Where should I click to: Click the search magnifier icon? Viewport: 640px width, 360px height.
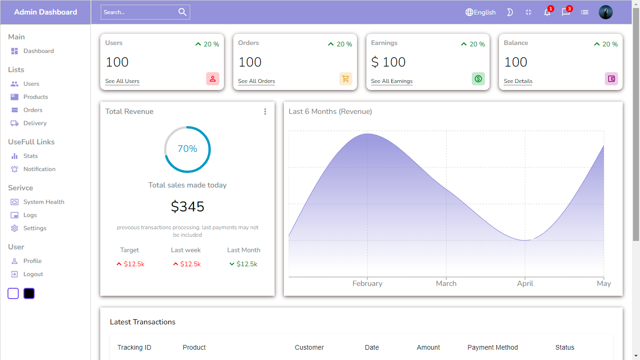pyautogui.click(x=182, y=12)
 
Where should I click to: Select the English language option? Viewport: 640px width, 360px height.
pyautogui.click(x=480, y=13)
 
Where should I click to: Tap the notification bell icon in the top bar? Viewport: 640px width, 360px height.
pyautogui.click(x=547, y=13)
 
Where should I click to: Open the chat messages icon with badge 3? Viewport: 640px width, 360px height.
pyautogui.click(x=566, y=13)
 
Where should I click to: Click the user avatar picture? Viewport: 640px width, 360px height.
pyautogui.click(x=606, y=13)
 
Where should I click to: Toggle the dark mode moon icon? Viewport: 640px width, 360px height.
pyautogui.click(x=510, y=13)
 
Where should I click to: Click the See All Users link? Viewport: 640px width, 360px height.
pyautogui.click(x=122, y=81)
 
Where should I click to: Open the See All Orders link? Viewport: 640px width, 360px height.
pyautogui.click(x=256, y=81)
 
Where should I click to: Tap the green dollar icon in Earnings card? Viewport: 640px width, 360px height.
pyautogui.click(x=478, y=79)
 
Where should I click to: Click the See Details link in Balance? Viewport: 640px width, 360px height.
pyautogui.click(x=518, y=81)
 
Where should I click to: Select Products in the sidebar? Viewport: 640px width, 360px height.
pyautogui.click(x=36, y=97)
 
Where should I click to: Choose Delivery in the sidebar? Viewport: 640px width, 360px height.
pyautogui.click(x=35, y=123)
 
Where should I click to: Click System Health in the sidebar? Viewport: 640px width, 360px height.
pyautogui.click(x=44, y=202)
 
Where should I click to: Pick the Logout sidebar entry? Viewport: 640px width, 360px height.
pyautogui.click(x=33, y=274)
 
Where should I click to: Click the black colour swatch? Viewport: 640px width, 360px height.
pyautogui.click(x=29, y=293)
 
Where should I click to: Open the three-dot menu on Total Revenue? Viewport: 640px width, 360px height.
pyautogui.click(x=265, y=112)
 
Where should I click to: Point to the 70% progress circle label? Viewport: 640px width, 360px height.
pyautogui.click(x=187, y=149)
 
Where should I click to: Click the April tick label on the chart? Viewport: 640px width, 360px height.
pyautogui.click(x=525, y=284)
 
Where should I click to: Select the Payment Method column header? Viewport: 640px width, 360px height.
pyautogui.click(x=492, y=347)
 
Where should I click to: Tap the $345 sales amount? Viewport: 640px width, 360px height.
pyautogui.click(x=187, y=207)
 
